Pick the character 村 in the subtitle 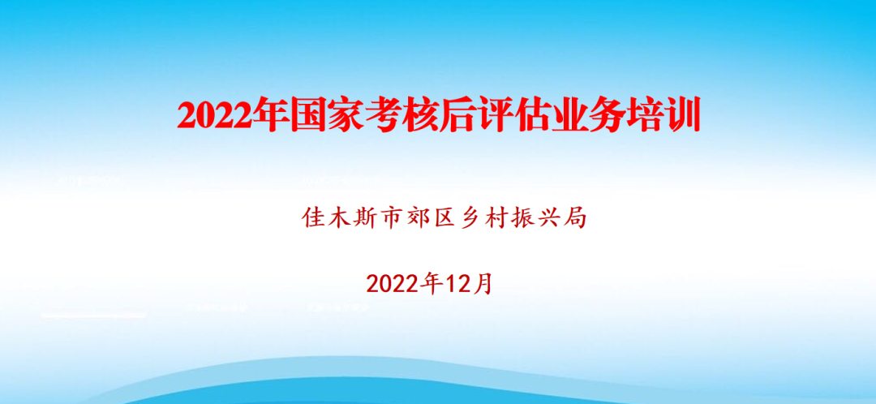pos(496,218)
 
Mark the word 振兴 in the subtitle pos(534,218)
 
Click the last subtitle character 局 pos(573,218)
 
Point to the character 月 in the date pos(481,285)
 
